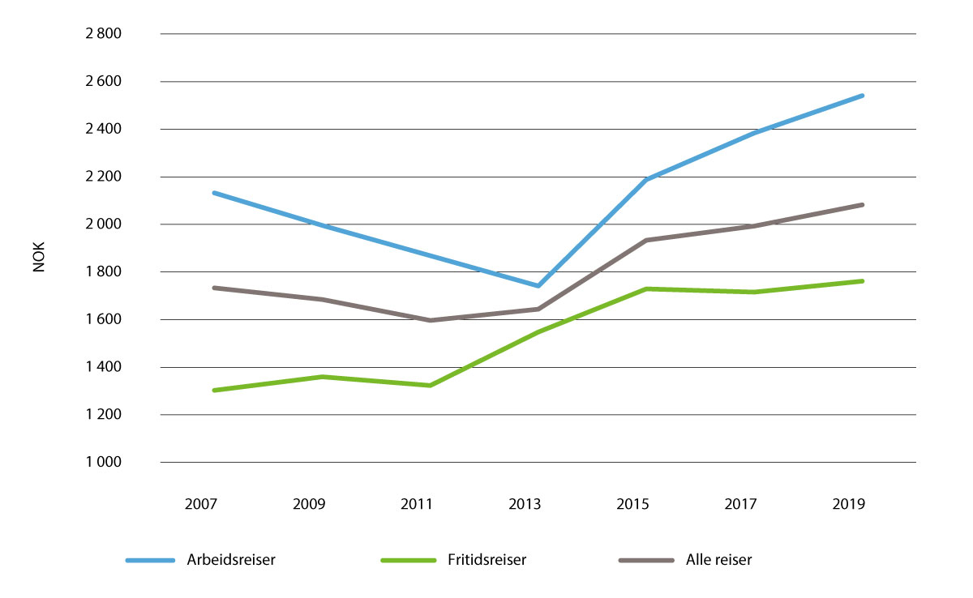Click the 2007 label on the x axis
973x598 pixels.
point(200,504)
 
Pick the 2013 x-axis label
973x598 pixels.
point(525,504)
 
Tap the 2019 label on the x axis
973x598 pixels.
point(849,504)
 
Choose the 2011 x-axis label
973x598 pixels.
point(417,504)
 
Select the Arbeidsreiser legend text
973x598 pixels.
point(229,560)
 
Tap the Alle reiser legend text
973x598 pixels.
point(718,560)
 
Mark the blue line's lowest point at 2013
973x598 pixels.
point(538,286)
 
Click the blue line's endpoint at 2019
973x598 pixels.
point(863,96)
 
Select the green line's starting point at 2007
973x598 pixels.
point(213,391)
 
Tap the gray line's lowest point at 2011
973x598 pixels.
point(430,320)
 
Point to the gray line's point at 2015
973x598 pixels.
point(646,240)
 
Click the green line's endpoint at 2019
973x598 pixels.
point(863,281)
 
